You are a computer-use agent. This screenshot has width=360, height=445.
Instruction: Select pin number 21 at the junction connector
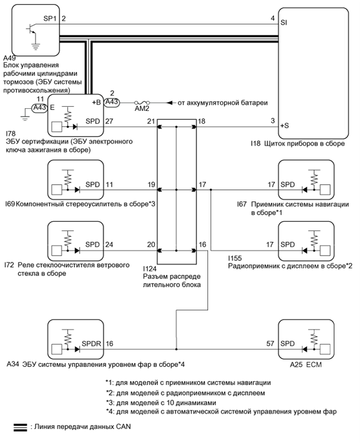pyautogui.click(x=151, y=121)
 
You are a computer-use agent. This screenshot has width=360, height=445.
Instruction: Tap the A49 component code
pyautogui.click(x=9, y=57)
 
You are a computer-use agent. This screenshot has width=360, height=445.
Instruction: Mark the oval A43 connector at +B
pyautogui.click(x=112, y=103)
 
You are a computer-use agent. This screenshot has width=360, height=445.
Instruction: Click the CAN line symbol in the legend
pyautogui.click(x=20, y=426)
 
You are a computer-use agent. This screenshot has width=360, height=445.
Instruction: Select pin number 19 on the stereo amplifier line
pyautogui.click(x=151, y=185)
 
